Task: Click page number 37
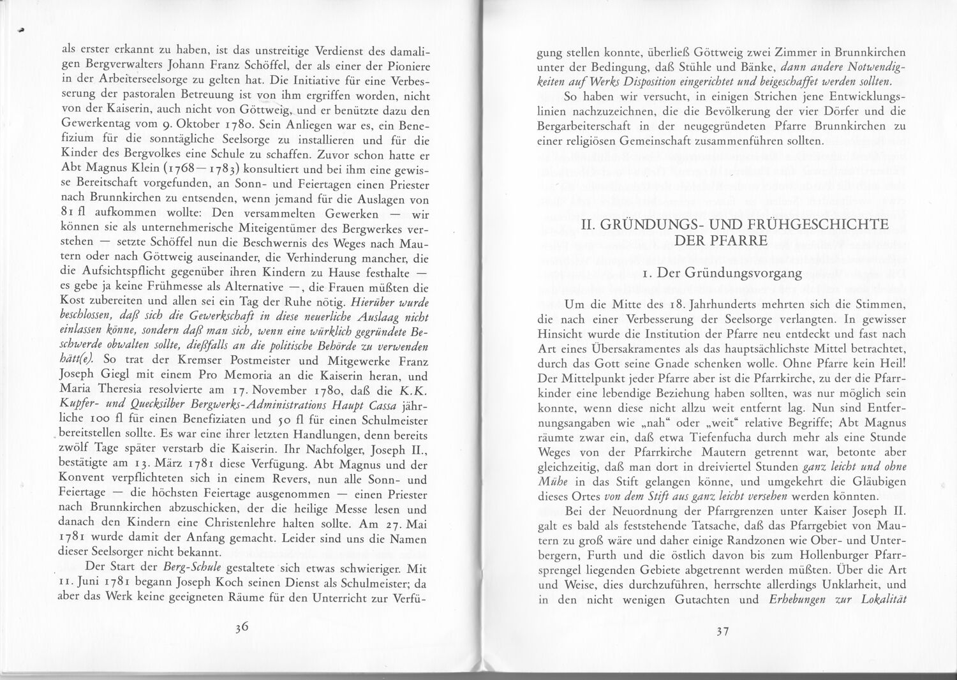[x=722, y=632]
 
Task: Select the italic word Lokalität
[x=884, y=600]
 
